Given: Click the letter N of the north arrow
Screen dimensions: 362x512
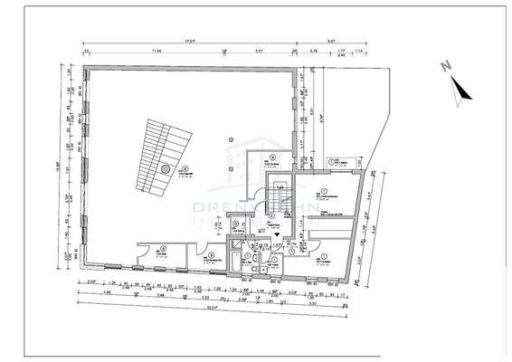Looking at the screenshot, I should [444, 66].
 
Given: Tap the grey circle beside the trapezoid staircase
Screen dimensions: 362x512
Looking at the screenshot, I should [166, 168].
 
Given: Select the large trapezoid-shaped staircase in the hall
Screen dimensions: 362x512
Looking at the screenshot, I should [163, 155].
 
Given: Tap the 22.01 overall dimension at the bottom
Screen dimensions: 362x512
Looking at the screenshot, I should [213, 308].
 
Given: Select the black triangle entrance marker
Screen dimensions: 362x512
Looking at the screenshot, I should [276, 233].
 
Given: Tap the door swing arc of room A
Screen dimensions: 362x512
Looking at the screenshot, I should [145, 260].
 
